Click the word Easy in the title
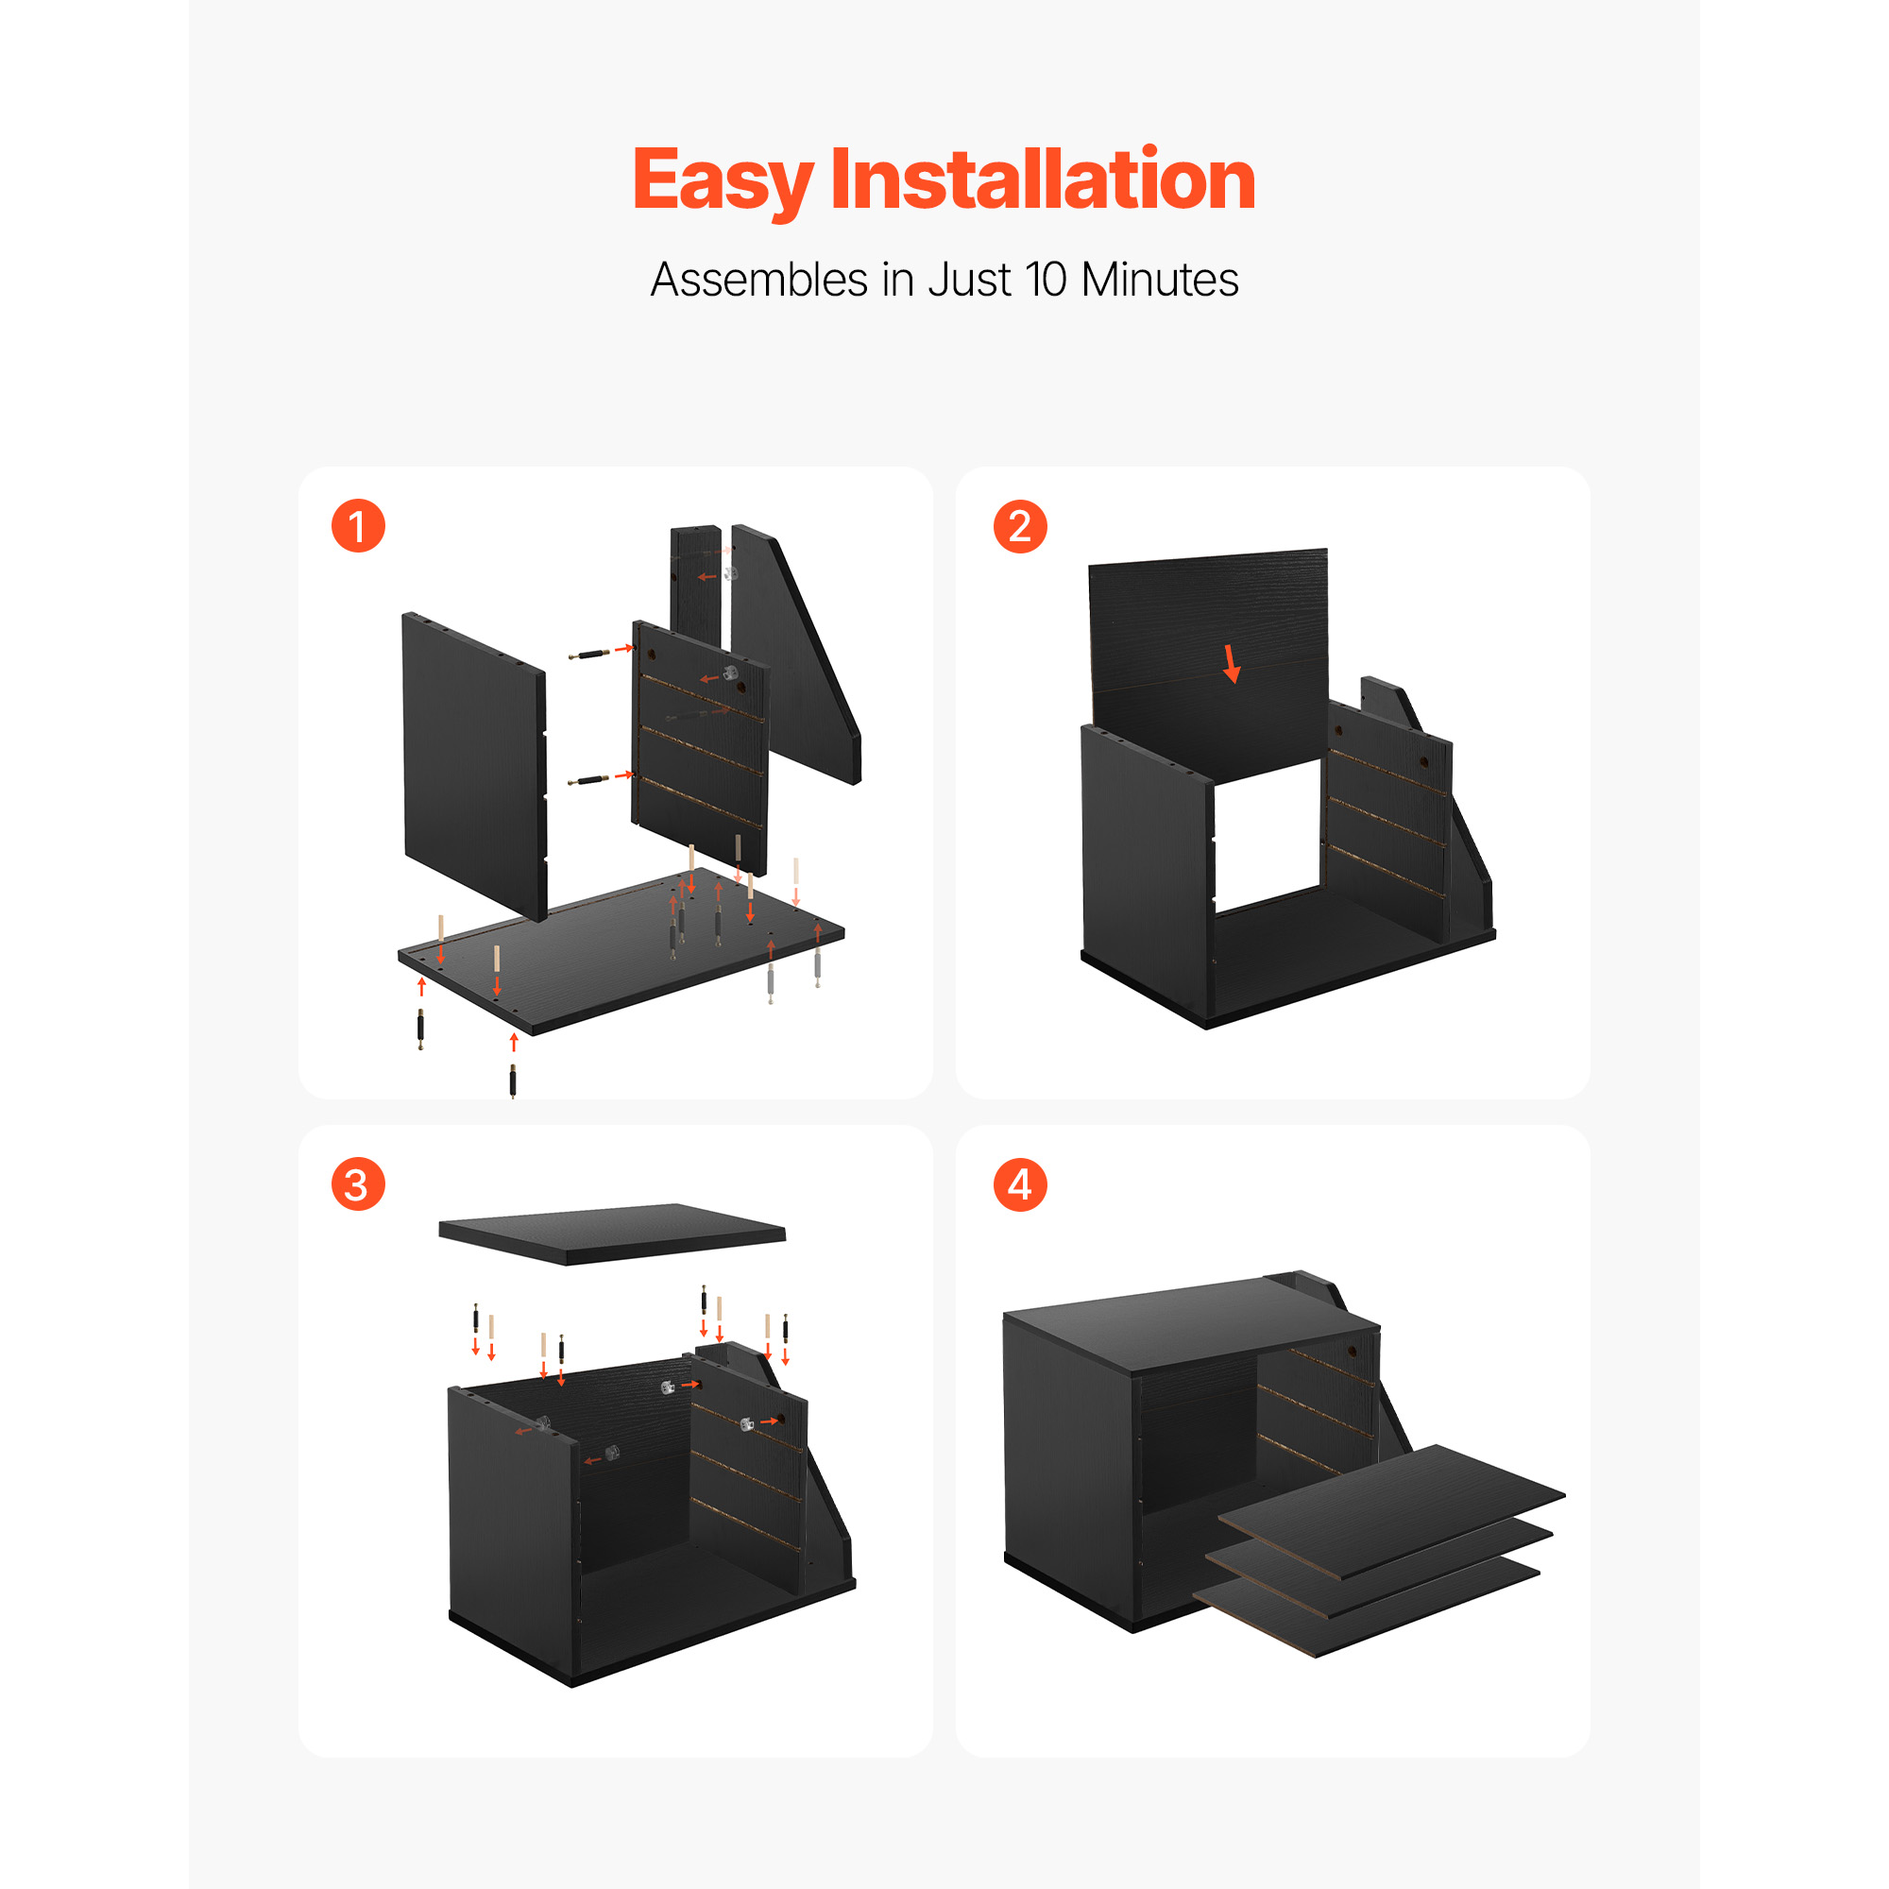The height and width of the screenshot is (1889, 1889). (x=723, y=182)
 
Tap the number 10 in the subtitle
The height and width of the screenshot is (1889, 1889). (x=1047, y=280)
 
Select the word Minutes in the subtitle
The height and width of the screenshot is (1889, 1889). (x=1160, y=280)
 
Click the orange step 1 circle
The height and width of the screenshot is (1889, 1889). (x=358, y=526)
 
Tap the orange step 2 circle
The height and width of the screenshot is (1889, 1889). (x=1020, y=526)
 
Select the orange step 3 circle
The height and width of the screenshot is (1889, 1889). (x=358, y=1184)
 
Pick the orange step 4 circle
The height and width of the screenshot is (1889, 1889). (x=1020, y=1184)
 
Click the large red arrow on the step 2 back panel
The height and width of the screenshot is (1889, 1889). (x=1231, y=664)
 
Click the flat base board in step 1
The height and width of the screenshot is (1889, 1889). (x=621, y=948)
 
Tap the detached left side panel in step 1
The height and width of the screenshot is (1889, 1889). (x=474, y=768)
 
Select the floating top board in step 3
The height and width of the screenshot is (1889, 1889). (x=612, y=1233)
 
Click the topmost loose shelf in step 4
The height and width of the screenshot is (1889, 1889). (x=1390, y=1510)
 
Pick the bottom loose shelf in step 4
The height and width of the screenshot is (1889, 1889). (x=1365, y=1604)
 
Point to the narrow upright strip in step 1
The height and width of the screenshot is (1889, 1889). (x=695, y=587)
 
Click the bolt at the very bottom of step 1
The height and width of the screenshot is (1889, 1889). (x=512, y=1082)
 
